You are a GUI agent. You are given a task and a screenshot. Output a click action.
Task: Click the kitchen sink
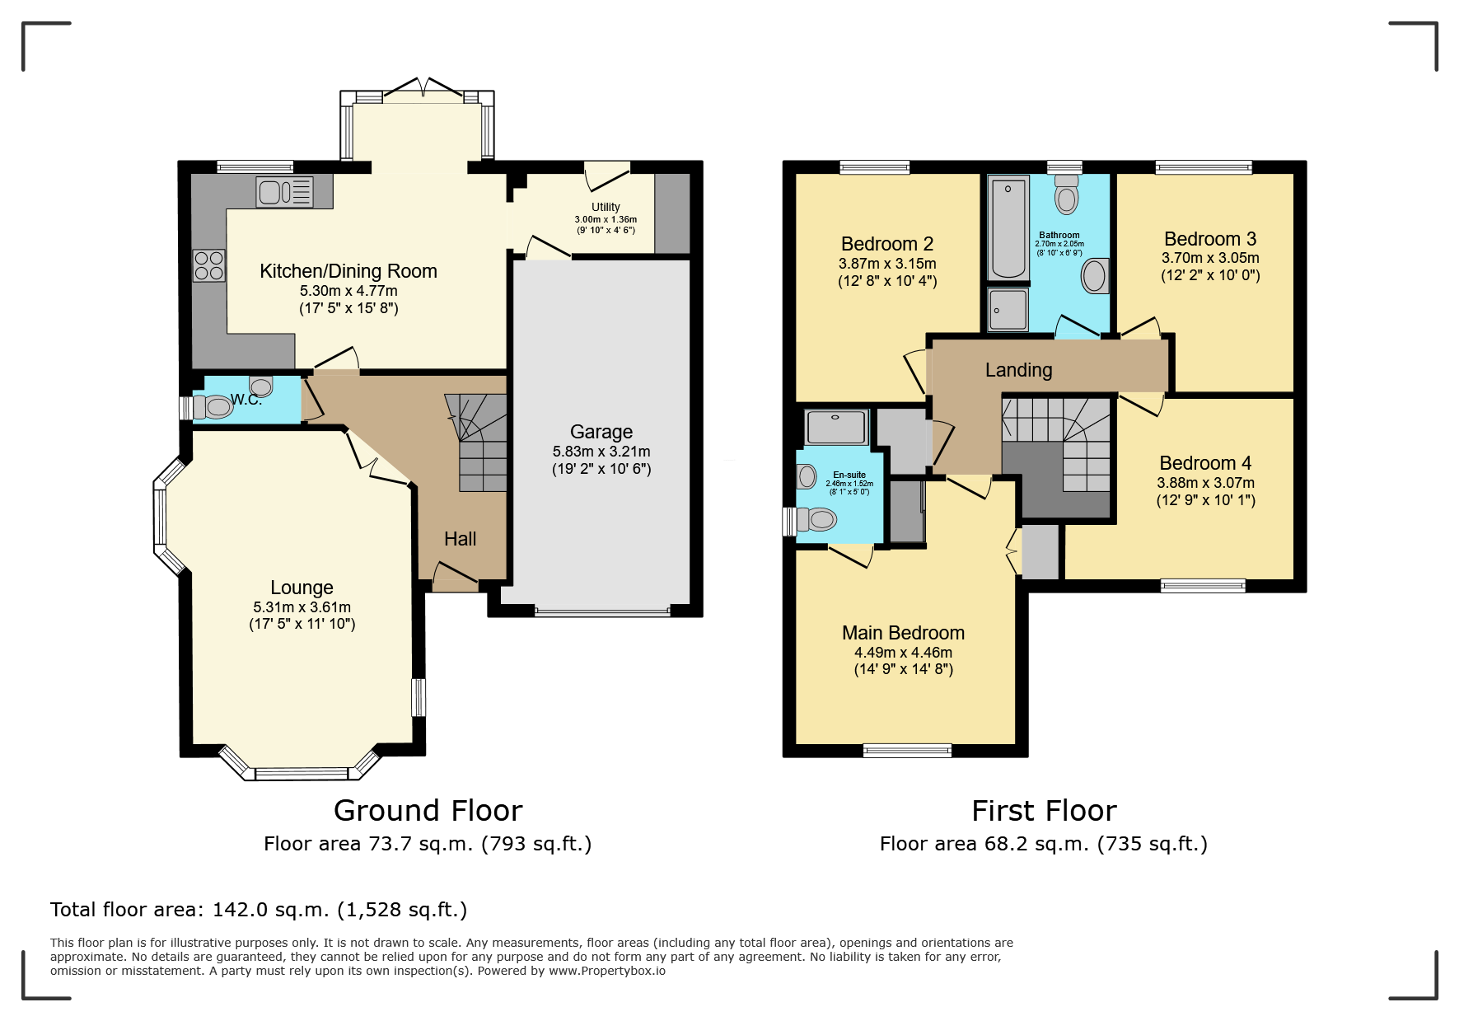[284, 192]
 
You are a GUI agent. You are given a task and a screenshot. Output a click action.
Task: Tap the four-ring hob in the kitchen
[209, 265]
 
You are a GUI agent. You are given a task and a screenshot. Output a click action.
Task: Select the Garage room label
[601, 432]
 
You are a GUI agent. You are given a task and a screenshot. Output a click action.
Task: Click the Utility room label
[606, 207]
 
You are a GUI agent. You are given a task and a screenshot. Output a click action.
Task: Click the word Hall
[461, 539]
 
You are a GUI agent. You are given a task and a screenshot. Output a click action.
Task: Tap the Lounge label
[302, 588]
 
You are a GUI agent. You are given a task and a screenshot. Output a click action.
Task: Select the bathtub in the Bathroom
[1008, 227]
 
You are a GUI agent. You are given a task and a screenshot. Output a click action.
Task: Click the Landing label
[1019, 370]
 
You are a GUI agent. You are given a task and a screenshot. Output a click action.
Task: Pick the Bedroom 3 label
[1210, 239]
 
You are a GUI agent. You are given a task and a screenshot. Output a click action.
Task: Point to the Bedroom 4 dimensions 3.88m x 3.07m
[1206, 483]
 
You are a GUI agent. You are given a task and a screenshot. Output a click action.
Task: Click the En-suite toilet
[816, 518]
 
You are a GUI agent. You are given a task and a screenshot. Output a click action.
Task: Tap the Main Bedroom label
[903, 633]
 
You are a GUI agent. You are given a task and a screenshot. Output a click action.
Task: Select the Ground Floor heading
[428, 811]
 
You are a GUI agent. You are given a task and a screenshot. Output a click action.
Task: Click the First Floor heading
[1044, 811]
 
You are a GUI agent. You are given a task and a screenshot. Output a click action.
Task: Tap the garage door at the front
[602, 612]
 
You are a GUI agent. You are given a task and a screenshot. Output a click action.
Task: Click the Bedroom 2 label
[887, 244]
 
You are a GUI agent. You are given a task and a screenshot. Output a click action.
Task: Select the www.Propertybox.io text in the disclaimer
[607, 971]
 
